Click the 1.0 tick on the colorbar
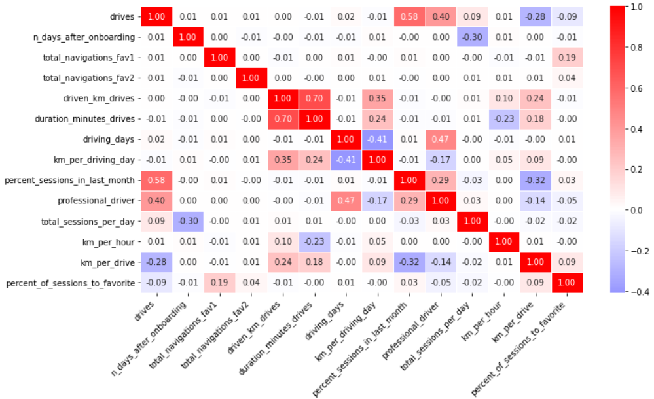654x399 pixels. tap(638, 6)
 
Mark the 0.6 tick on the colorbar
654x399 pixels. tap(638, 88)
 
